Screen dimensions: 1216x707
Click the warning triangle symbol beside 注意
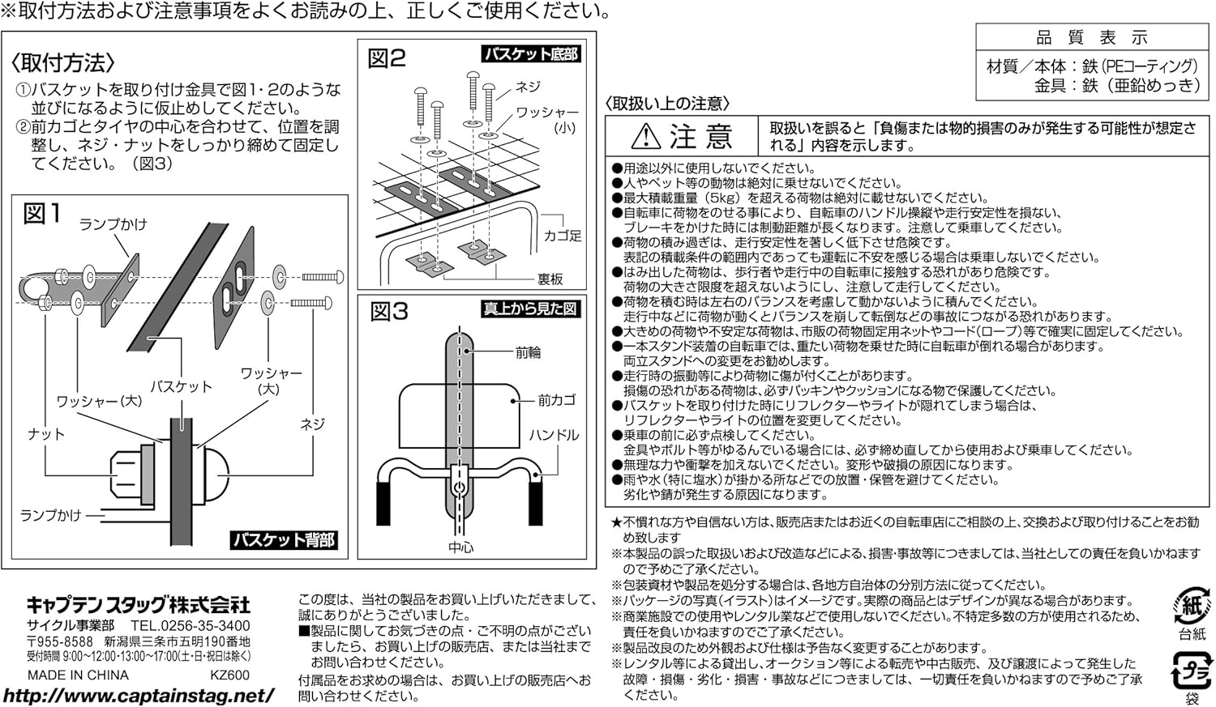pos(645,135)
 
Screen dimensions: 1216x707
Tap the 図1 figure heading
pos(42,214)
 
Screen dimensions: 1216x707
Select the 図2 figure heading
pos(387,58)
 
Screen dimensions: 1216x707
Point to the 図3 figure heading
pos(389,312)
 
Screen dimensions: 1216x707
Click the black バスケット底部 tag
pos(530,54)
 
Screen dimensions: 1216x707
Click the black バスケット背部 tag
pos(284,540)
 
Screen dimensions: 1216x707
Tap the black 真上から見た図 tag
pos(530,309)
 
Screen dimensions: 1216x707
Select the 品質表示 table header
pos(1092,37)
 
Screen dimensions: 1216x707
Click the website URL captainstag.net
pos(139,696)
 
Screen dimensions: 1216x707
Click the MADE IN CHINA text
pos(78,675)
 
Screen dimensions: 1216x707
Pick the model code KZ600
pos(230,675)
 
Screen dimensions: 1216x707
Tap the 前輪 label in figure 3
pos(529,353)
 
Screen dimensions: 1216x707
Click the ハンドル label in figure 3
pos(554,435)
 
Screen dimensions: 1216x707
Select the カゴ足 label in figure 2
pos(563,236)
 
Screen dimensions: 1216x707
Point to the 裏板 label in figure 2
pos(550,279)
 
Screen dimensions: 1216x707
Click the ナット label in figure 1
pos(46,434)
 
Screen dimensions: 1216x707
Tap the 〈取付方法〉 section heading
pos(62,63)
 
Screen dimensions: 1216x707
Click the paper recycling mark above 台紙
pos(1192,604)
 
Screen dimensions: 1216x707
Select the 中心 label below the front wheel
pos(461,547)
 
